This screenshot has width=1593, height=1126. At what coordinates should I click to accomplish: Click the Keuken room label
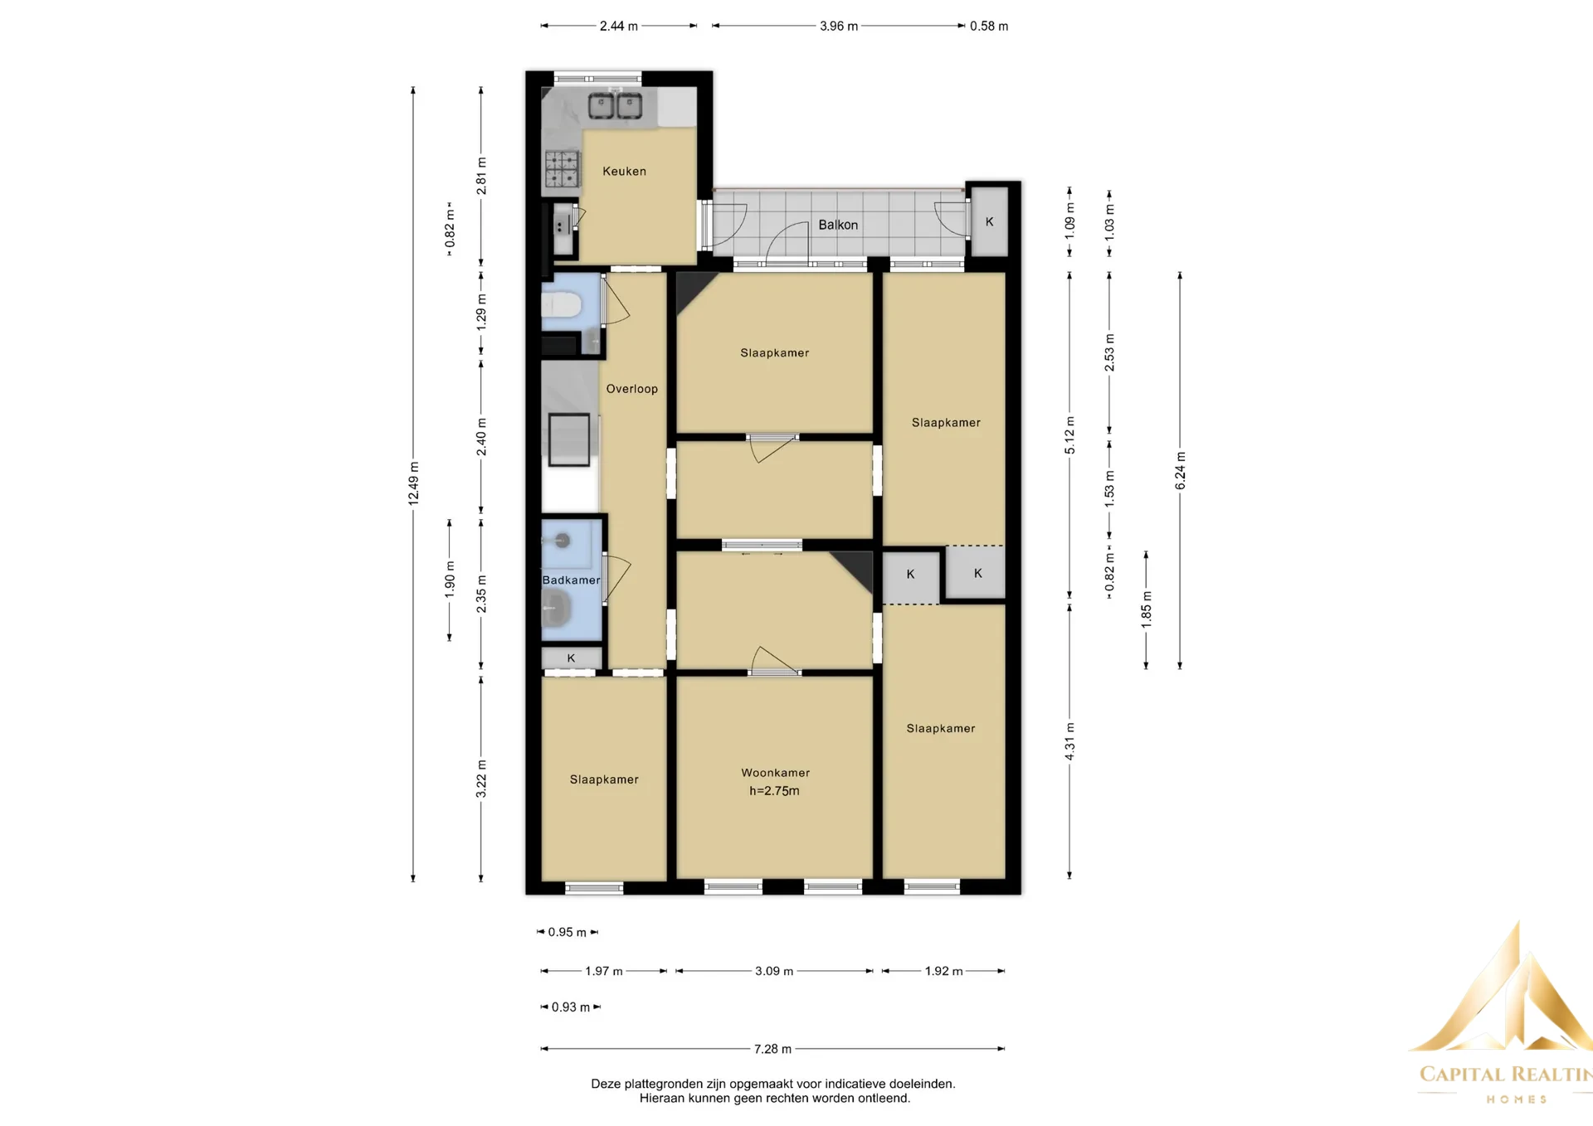click(624, 172)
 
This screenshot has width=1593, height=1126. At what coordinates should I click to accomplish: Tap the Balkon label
click(838, 225)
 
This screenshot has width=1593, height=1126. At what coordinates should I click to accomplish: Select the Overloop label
click(631, 389)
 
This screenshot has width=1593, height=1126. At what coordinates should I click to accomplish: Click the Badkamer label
click(571, 580)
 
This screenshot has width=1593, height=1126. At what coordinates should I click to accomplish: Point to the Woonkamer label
click(775, 773)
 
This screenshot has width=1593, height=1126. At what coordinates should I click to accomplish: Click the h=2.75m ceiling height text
click(774, 791)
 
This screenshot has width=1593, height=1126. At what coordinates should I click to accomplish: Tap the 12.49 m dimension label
click(413, 483)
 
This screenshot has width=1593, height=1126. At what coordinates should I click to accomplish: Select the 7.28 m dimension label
click(772, 1049)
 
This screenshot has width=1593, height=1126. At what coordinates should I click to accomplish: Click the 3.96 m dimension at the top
click(839, 27)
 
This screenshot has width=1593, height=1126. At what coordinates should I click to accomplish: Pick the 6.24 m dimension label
click(1180, 471)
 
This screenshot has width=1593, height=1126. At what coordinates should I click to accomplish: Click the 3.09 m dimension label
click(773, 971)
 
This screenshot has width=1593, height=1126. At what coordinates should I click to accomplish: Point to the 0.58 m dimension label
click(989, 27)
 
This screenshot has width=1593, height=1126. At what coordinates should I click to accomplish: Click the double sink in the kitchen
click(615, 106)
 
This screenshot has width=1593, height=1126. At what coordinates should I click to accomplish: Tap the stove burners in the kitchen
click(562, 168)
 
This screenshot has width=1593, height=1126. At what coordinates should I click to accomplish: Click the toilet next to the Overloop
click(562, 305)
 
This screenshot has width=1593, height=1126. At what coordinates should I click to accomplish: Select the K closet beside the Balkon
click(989, 222)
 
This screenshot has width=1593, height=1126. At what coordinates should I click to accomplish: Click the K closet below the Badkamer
click(571, 658)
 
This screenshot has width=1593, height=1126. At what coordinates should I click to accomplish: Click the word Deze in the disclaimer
click(606, 1084)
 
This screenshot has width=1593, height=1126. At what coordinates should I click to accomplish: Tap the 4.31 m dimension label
click(1069, 741)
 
